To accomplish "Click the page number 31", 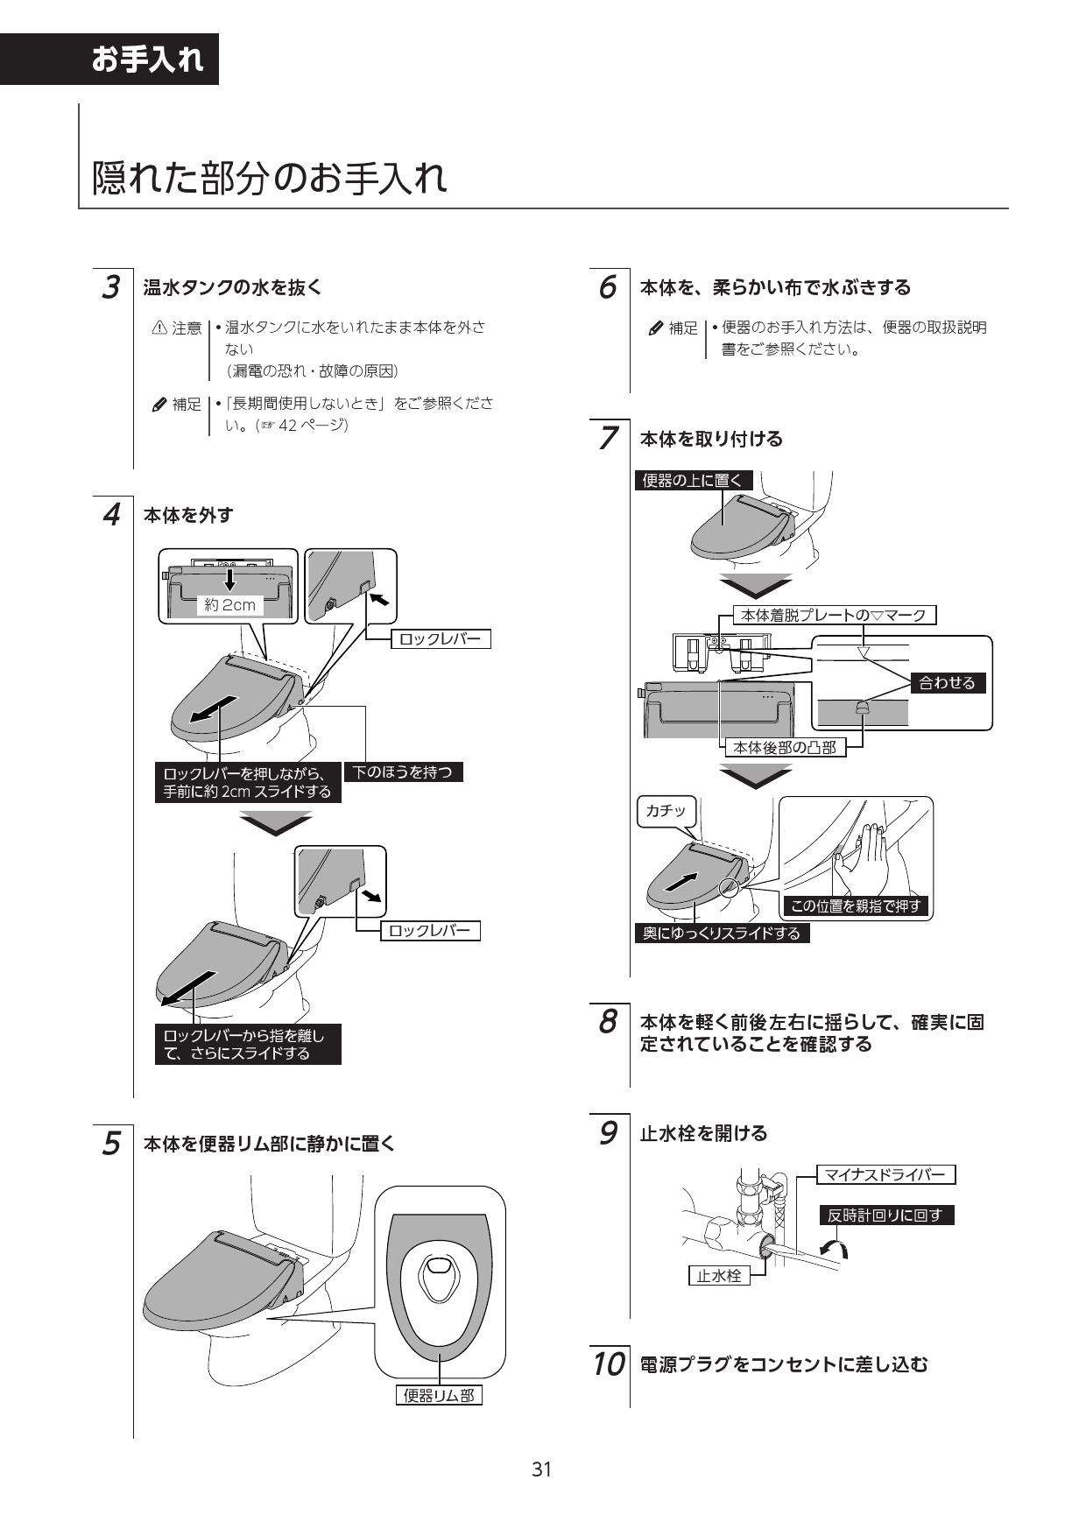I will coord(542,1469).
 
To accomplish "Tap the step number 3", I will coord(110,287).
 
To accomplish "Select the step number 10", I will coord(606,1363).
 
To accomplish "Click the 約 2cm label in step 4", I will coord(229,604).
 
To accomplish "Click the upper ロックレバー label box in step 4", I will coord(440,638).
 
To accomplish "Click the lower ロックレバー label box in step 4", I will coord(429,930).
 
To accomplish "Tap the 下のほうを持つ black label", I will coord(403,772).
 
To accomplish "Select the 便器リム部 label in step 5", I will coord(439,1395).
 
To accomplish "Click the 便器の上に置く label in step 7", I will coord(693,480).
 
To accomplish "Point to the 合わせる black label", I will coord(947,682).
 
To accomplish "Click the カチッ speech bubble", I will coord(666,811).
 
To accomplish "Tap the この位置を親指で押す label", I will coord(856,906).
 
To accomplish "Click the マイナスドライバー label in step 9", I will coord(885,1174).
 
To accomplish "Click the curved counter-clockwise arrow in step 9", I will coord(833,1249).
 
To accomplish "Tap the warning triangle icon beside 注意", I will coord(159,328).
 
